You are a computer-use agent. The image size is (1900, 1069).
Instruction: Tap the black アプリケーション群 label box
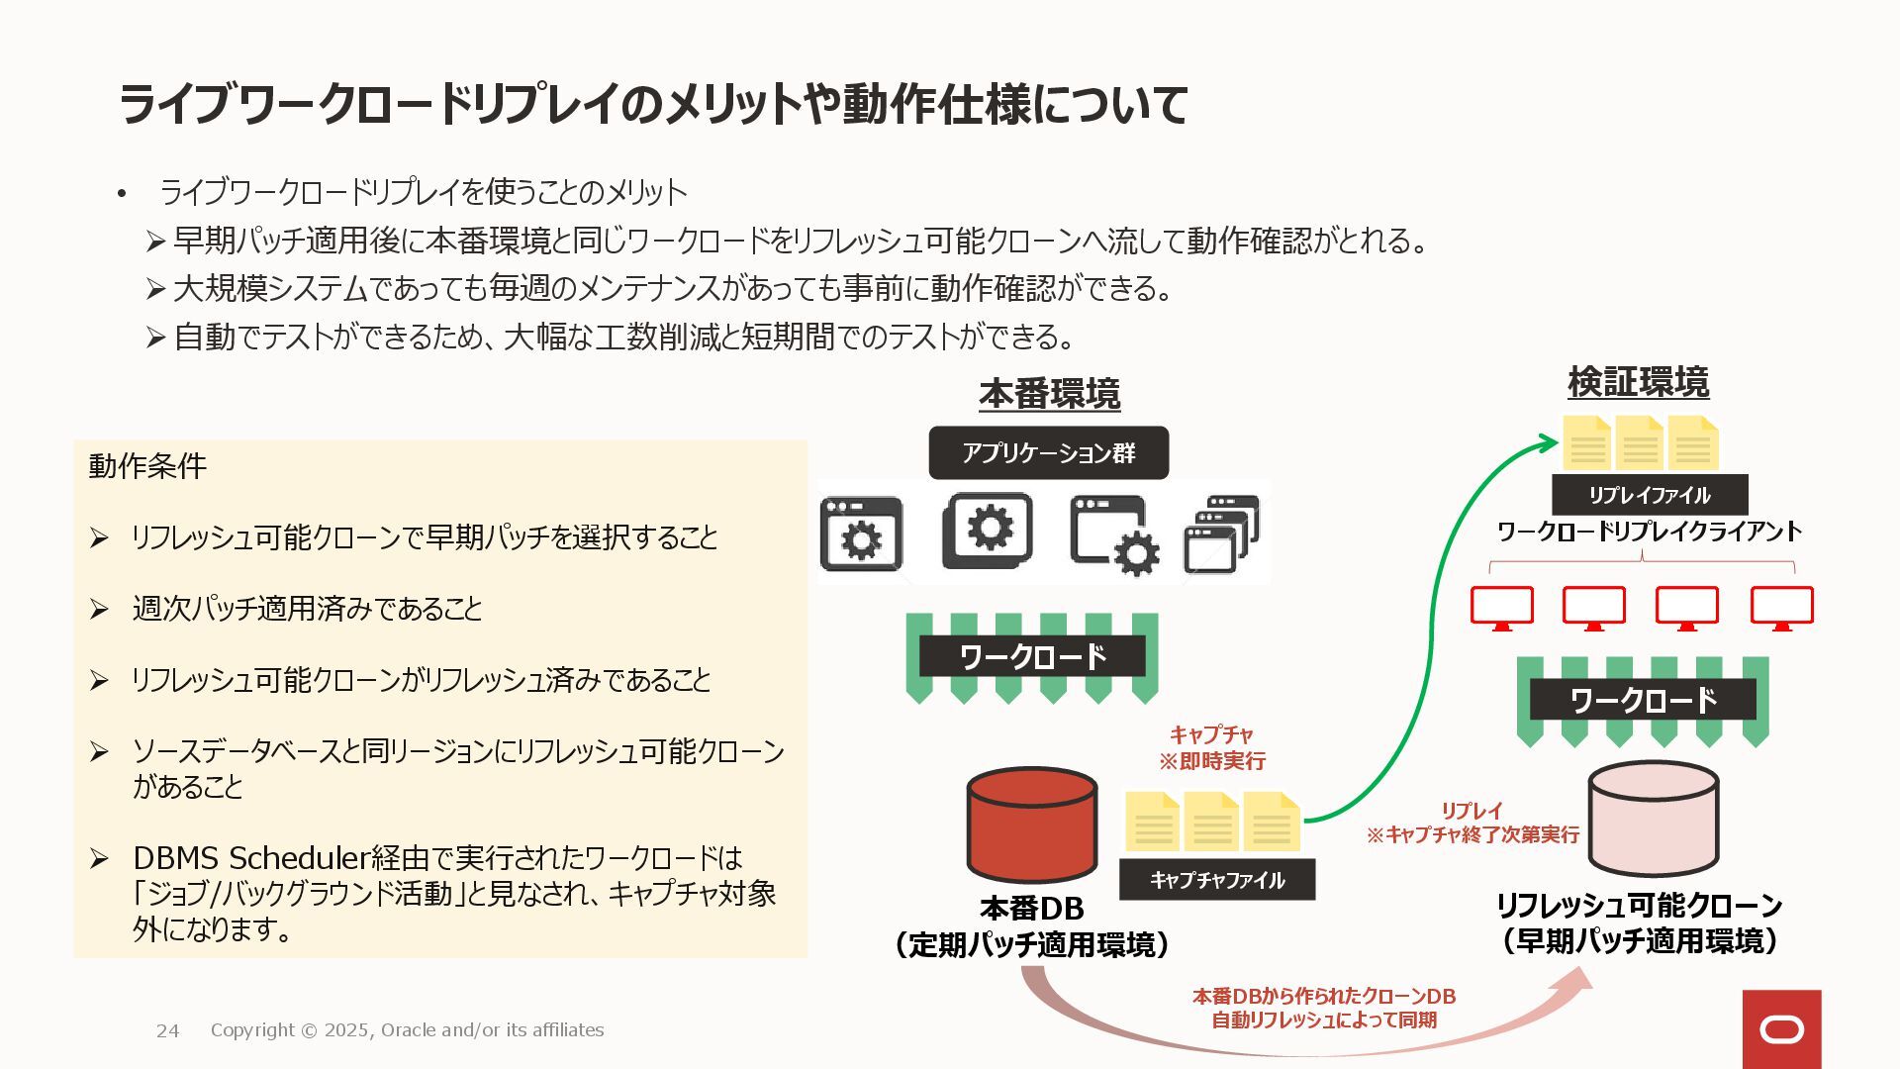1048,453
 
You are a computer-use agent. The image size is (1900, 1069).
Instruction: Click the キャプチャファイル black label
1217,880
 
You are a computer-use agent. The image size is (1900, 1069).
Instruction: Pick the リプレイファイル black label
1649,495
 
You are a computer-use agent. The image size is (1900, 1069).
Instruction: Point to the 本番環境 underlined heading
1049,394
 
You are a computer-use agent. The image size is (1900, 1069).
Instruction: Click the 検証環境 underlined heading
1638,382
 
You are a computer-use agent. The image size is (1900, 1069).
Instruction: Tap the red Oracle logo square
1781,1029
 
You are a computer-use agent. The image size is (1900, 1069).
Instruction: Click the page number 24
168,1030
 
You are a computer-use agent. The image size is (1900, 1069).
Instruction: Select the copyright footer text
407,1030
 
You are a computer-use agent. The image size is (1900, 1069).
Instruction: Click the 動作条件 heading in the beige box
147,465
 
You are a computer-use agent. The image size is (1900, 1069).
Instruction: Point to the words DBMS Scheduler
251,857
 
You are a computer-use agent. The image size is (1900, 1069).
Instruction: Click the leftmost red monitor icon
1501,607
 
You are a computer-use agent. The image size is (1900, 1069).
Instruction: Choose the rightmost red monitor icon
1781,607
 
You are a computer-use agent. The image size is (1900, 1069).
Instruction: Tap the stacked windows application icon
1221,534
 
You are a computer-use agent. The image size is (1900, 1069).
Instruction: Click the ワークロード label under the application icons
1032,656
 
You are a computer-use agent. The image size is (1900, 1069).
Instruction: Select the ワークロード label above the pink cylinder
1643,700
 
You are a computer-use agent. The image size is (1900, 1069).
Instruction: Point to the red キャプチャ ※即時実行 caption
1212,747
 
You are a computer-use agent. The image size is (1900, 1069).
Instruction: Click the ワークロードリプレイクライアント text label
1649,532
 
